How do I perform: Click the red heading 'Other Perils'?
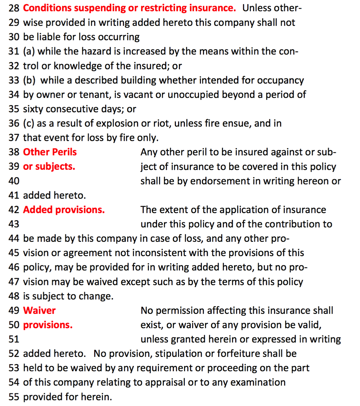[50, 152]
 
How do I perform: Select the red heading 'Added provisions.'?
[64, 210]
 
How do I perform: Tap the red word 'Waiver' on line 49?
[39, 310]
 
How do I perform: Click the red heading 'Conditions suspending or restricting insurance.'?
[129, 8]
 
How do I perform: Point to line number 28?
[14, 8]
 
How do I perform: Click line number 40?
[14, 181]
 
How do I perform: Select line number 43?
[14, 224]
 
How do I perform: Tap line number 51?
[14, 339]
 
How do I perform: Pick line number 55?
[14, 397]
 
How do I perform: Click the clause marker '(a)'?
[29, 51]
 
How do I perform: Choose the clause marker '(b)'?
[29, 80]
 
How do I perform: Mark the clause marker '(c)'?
[28, 123]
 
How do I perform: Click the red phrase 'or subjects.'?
[49, 166]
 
